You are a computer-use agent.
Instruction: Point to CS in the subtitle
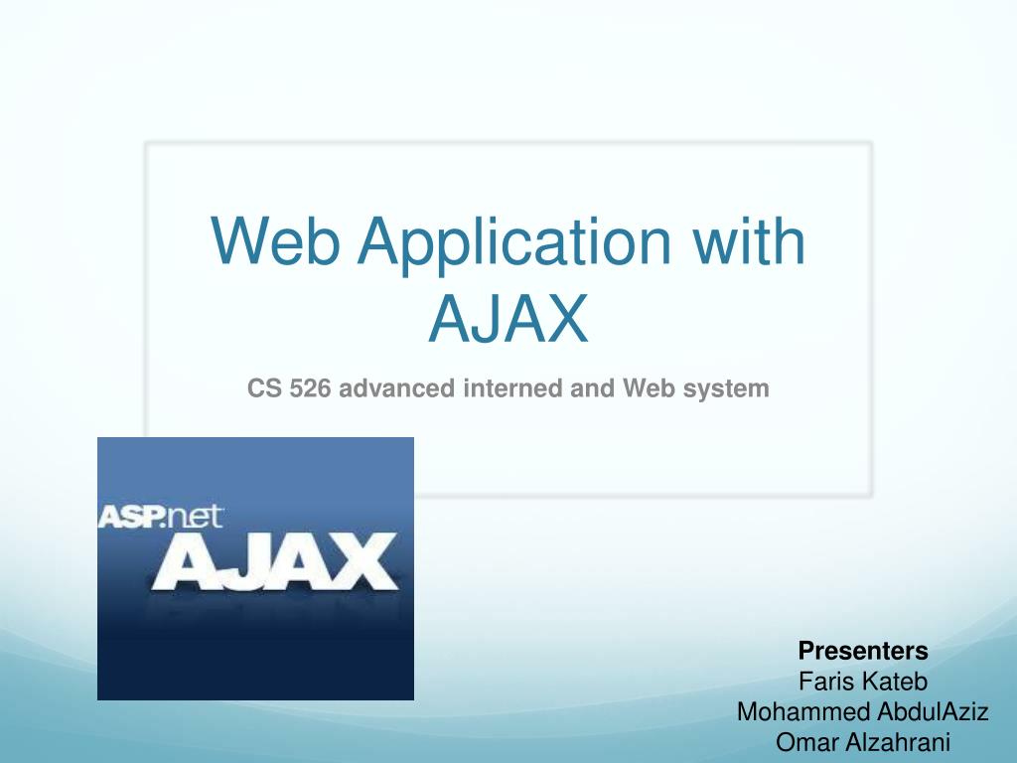[263, 388]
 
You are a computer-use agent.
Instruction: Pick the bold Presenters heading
[863, 651]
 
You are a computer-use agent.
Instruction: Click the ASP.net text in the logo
[161, 517]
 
